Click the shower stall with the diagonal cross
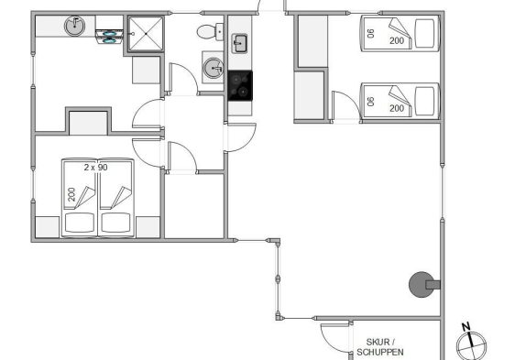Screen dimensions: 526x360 (x=146, y=34)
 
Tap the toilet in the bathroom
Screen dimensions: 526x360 (x=210, y=32)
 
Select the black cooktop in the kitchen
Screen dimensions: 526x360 (x=240, y=85)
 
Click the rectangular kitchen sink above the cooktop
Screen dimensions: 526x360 (x=239, y=44)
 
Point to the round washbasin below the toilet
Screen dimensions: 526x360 (x=214, y=69)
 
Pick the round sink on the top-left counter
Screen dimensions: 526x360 (x=75, y=26)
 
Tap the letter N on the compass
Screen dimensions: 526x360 (x=466, y=326)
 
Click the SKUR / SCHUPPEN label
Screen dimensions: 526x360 (x=380, y=347)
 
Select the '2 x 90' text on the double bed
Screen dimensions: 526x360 (x=96, y=168)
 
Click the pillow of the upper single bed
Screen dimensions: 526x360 (x=424, y=33)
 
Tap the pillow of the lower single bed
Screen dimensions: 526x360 (x=424, y=101)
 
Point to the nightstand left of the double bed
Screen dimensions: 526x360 (x=48, y=227)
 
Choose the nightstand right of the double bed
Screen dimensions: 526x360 (x=148, y=227)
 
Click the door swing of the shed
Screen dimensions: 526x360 (x=334, y=338)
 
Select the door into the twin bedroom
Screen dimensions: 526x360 (x=346, y=104)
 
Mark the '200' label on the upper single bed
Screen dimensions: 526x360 (x=397, y=41)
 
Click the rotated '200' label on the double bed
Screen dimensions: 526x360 (x=71, y=194)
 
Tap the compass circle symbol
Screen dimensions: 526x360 (x=471, y=346)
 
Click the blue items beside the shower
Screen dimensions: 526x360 (x=109, y=37)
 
